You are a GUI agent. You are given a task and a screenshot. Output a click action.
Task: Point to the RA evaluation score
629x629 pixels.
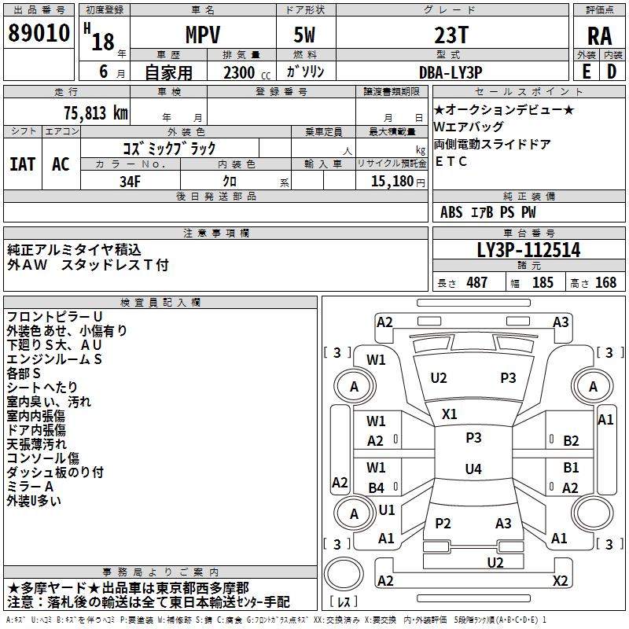599,35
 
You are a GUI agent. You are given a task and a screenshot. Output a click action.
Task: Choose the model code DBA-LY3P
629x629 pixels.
451,72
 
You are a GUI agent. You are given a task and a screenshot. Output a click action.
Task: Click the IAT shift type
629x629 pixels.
23,164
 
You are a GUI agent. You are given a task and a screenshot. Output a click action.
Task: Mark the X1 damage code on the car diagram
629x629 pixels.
450,414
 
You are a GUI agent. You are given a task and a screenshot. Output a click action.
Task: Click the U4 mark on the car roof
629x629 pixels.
473,469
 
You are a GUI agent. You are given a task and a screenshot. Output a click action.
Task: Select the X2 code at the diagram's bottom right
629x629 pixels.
560,581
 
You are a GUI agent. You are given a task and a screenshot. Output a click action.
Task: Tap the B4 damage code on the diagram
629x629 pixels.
376,487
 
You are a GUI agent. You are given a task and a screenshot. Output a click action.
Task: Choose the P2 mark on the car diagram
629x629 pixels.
443,524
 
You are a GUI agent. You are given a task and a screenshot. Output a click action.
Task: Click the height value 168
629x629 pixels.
605,282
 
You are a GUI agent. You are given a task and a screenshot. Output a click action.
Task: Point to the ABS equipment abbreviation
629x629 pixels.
451,212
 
